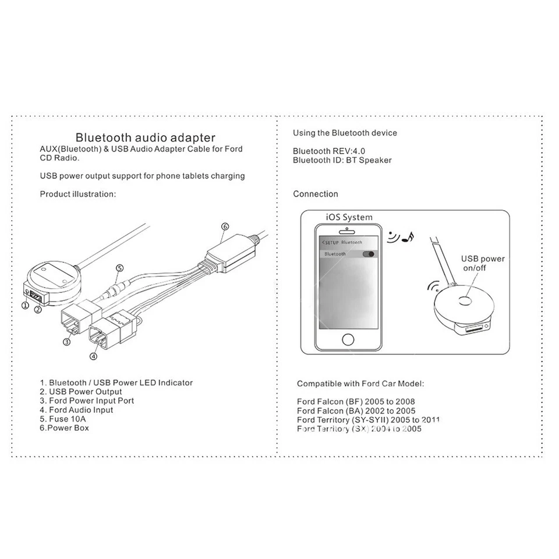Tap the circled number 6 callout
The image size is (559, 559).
point(225,227)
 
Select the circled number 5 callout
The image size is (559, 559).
point(119,268)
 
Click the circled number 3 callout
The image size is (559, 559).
point(67,342)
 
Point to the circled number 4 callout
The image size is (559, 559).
point(93,356)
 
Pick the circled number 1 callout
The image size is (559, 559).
point(25,305)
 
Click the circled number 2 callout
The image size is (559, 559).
point(37,309)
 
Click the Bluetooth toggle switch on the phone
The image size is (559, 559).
point(369,254)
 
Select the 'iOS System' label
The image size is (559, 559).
point(349,217)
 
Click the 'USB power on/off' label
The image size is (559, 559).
point(483,263)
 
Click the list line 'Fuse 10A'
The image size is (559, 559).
point(64,419)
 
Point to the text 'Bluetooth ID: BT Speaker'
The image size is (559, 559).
point(342,160)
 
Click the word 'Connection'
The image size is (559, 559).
point(315,194)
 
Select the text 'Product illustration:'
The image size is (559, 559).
point(78,194)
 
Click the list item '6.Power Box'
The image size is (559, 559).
point(64,428)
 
